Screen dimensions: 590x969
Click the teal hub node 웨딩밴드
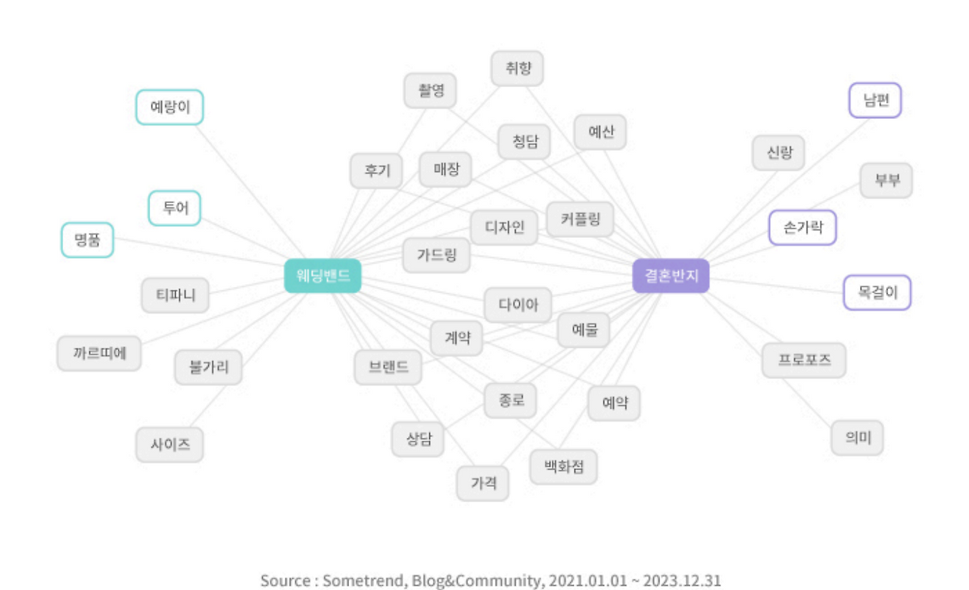(x=323, y=276)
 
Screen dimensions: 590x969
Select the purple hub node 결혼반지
(x=671, y=276)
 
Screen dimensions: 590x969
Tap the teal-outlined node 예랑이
(x=170, y=107)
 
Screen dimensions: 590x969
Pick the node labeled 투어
(x=175, y=208)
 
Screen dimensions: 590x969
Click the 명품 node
(x=87, y=240)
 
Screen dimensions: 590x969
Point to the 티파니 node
(x=176, y=295)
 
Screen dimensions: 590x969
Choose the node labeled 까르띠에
(x=99, y=353)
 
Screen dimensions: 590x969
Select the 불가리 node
(x=208, y=367)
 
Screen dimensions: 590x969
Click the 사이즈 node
(x=170, y=445)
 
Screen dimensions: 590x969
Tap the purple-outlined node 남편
(x=876, y=100)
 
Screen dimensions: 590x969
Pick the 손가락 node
(x=802, y=227)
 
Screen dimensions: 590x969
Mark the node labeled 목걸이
(x=877, y=292)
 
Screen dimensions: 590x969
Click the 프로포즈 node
(x=804, y=360)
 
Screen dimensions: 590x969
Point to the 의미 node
(x=857, y=438)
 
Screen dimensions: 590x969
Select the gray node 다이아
(x=518, y=304)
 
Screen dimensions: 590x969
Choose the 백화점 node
(x=563, y=467)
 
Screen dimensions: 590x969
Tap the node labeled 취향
(x=517, y=69)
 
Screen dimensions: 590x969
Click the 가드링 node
(x=436, y=255)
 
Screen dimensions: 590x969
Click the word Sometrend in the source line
(x=366, y=581)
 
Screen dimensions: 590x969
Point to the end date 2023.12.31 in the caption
(x=682, y=581)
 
